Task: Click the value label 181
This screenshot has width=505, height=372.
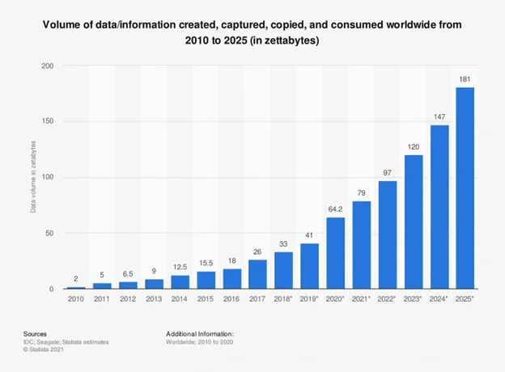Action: pyautogui.click(x=465, y=79)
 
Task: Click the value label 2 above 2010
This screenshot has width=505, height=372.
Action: pyautogui.click(x=75, y=279)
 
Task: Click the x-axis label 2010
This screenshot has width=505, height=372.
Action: pyautogui.click(x=75, y=298)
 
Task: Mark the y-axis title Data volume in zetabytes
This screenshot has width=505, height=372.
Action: pyautogui.click(x=33, y=177)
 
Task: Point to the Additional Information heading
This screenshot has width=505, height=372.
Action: pyautogui.click(x=200, y=332)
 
